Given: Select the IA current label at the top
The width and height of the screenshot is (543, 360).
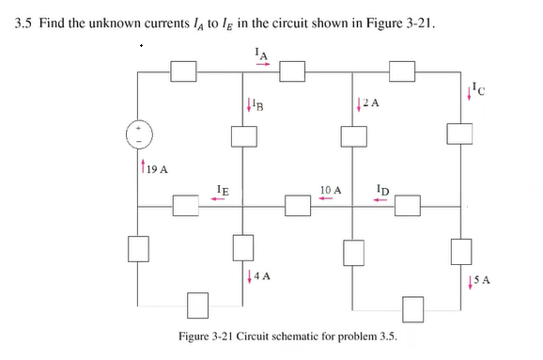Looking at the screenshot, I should tap(262, 54).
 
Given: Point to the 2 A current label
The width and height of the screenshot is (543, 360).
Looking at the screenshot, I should tap(371, 103).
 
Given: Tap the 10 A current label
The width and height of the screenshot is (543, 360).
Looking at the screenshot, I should tap(330, 190).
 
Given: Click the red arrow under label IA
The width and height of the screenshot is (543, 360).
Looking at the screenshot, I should tap(262, 65).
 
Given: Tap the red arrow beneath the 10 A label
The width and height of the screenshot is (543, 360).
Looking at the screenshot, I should tap(329, 199).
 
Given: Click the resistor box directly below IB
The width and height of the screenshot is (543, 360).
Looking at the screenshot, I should tap(245, 135).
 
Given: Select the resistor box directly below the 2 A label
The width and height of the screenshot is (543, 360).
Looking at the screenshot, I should tap(353, 135).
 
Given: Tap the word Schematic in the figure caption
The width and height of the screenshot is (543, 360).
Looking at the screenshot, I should tap(314, 336).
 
